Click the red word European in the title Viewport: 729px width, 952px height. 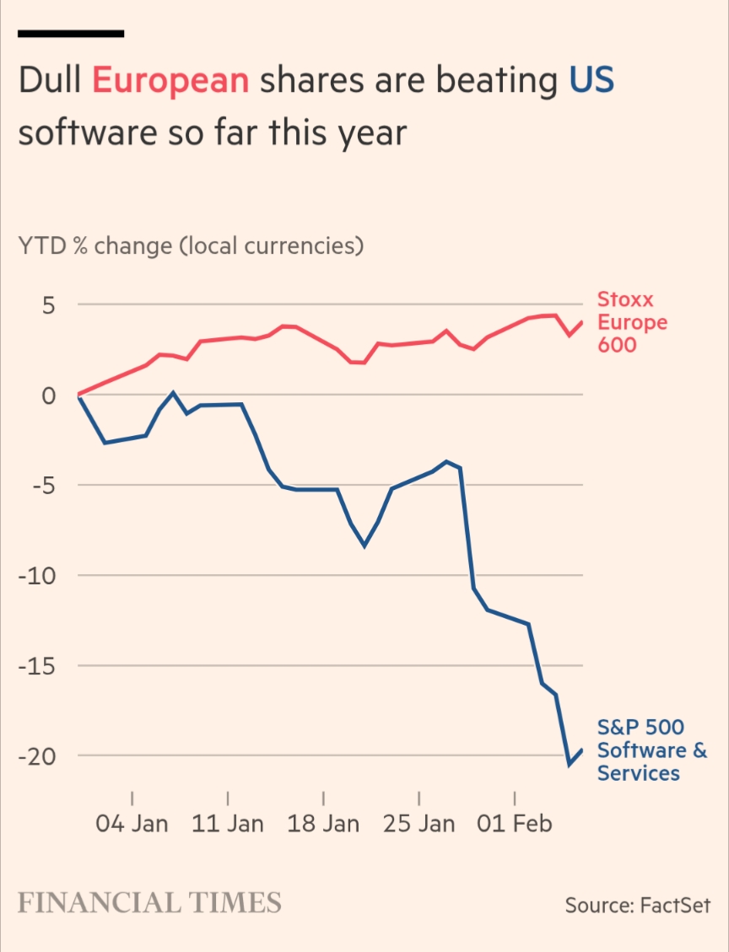[x=170, y=81]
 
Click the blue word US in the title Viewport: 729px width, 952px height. [x=591, y=81]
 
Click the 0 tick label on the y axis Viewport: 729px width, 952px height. [x=48, y=395]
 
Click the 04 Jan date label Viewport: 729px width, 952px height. [x=132, y=824]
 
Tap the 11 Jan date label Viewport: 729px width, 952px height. [x=228, y=824]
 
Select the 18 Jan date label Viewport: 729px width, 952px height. [x=323, y=824]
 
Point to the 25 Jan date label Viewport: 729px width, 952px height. [x=418, y=824]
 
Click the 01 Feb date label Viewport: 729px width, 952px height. [x=515, y=824]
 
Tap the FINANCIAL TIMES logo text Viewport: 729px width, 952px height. [x=149, y=903]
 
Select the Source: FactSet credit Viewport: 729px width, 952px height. [x=637, y=906]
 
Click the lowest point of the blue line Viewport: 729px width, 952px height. [x=570, y=765]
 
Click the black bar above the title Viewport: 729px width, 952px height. [x=71, y=34]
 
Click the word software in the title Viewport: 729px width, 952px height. [x=81, y=133]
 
